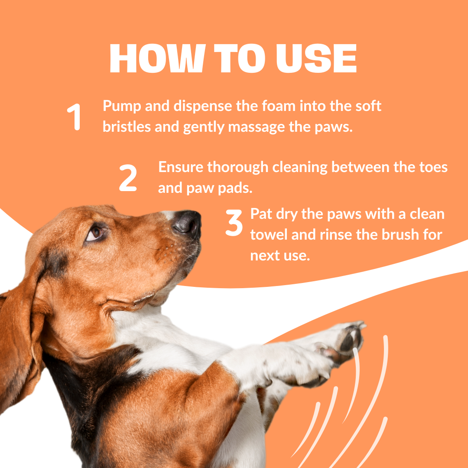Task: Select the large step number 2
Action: tap(128, 178)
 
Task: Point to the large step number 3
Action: tap(234, 223)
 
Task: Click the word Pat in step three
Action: tap(261, 214)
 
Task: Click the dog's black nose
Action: tap(187, 222)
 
